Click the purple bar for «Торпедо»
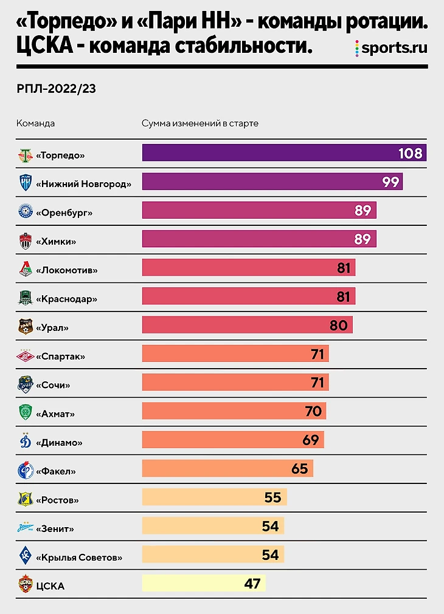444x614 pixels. (268, 153)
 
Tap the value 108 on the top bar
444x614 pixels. (410, 153)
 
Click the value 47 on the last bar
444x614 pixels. (252, 584)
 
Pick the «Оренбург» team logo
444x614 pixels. (25, 213)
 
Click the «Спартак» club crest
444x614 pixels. (25, 356)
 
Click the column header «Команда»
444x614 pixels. (35, 123)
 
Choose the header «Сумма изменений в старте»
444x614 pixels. (200, 123)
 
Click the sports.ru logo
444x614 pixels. (391, 48)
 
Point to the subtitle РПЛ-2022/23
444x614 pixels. (57, 89)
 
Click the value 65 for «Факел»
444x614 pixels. (299, 468)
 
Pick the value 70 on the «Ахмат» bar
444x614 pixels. (313, 411)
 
